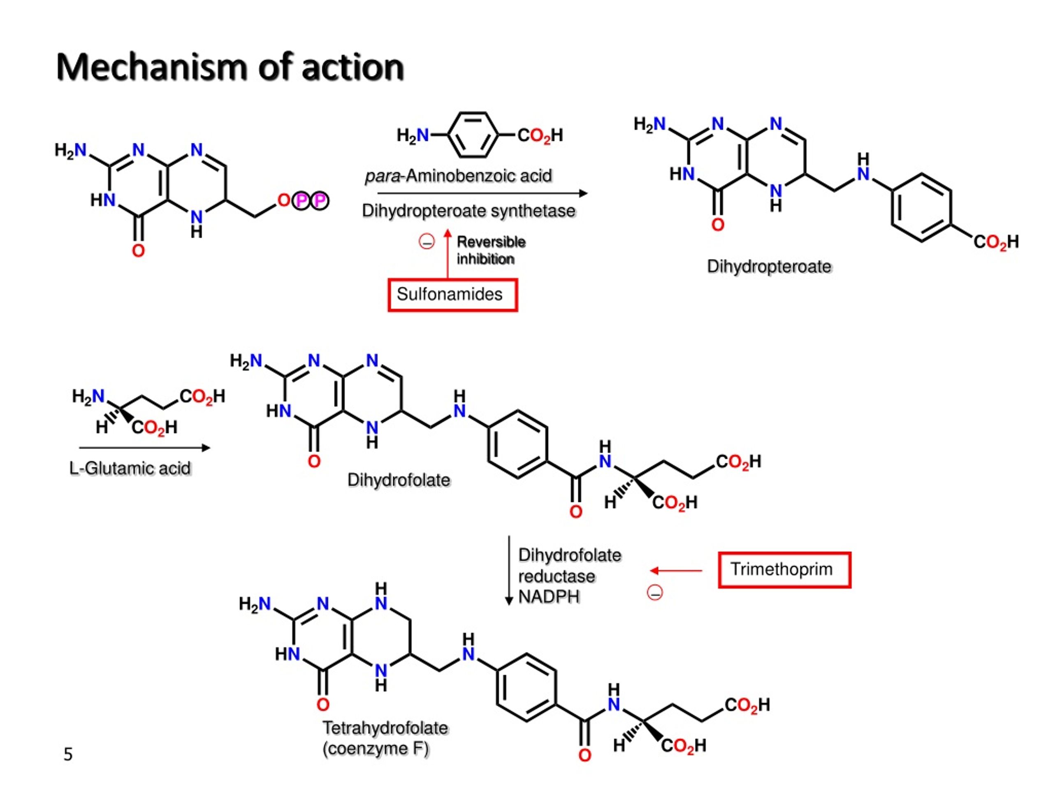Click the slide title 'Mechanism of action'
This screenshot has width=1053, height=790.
tap(230, 67)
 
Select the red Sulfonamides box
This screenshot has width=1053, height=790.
tap(452, 295)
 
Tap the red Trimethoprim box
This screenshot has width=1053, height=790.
tap(784, 569)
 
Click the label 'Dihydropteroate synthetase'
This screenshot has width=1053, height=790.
tap(469, 211)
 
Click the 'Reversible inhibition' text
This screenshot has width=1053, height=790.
tap(490, 251)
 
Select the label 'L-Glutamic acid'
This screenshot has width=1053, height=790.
tap(130, 469)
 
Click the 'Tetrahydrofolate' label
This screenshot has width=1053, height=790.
tap(385, 727)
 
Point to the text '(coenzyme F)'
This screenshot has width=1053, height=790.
tap(376, 748)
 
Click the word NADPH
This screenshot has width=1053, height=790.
tap(548, 597)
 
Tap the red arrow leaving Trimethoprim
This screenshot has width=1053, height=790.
tap(676, 570)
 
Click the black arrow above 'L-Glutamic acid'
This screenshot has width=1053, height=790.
tap(144, 448)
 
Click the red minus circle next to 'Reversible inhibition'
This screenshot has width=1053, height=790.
tap(426, 242)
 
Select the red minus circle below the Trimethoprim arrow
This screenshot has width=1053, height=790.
tap(654, 593)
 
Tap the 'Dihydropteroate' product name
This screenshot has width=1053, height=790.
tap(769, 267)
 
